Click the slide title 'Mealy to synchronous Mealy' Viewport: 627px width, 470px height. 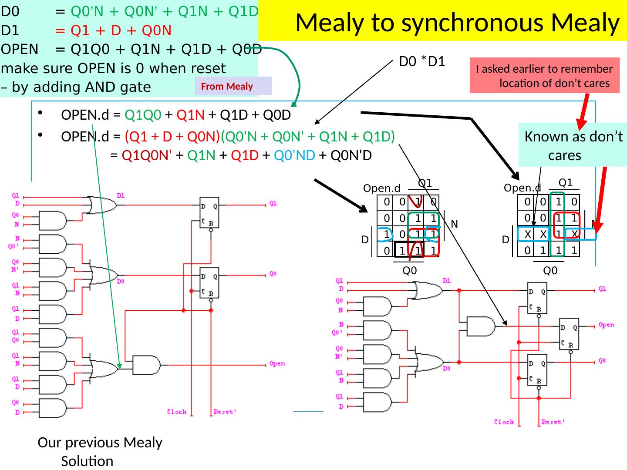coord(457,23)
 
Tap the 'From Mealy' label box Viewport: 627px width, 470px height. coord(227,86)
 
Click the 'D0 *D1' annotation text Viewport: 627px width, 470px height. coord(422,62)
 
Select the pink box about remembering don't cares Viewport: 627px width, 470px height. coord(544,76)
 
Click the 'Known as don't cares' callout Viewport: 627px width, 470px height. coord(573,146)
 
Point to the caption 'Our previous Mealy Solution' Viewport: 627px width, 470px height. coord(100,451)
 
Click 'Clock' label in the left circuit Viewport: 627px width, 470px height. coord(177,412)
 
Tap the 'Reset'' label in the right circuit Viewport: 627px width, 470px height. coord(553,422)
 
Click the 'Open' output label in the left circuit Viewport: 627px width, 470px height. coord(277,364)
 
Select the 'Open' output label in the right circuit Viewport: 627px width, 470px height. coord(606,325)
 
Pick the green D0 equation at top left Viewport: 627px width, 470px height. coord(157,12)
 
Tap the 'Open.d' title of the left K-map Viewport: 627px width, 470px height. coord(381,188)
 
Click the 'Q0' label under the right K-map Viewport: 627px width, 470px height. coord(550,271)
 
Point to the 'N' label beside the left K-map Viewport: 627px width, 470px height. coord(454,224)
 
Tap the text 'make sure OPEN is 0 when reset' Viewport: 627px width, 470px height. coord(114,68)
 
